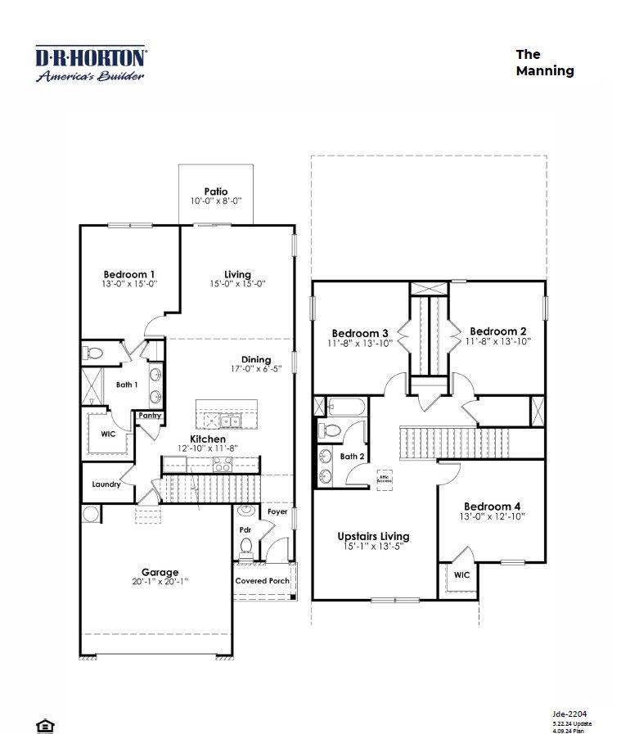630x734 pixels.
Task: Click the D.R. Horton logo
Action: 91,64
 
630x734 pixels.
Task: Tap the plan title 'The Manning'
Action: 544,62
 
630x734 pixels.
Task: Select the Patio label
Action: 216,191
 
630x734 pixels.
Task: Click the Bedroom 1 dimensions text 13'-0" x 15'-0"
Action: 129,284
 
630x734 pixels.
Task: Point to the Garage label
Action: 160,572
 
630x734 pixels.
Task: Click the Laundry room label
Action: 106,484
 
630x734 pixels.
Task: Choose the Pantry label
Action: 150,416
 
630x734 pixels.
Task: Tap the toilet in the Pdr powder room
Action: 245,546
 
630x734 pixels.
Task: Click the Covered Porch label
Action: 263,581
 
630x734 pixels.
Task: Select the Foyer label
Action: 278,512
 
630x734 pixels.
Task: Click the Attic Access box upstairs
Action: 385,478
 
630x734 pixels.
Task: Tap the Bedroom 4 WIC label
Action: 461,575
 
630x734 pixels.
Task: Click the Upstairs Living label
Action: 373,537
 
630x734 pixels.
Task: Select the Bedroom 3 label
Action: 360,333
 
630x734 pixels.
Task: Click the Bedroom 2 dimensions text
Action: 499,342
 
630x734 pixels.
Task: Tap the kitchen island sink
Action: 232,421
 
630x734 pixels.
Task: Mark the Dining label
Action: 256,359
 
